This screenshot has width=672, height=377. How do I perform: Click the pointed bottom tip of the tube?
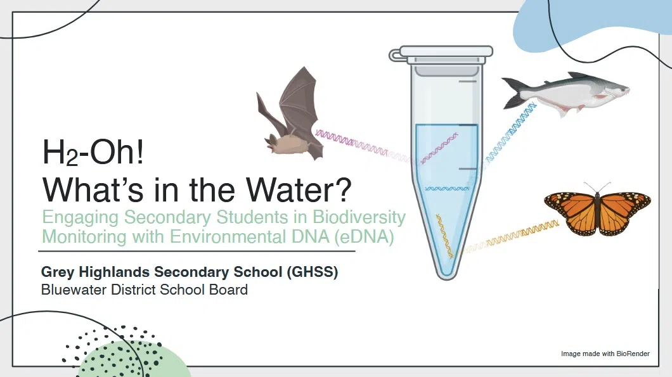(x=446, y=273)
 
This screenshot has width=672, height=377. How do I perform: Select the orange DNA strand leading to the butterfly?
(x=514, y=234)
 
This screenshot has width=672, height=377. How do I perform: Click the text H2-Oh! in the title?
(x=93, y=154)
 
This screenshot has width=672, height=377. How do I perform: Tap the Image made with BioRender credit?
(x=605, y=354)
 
